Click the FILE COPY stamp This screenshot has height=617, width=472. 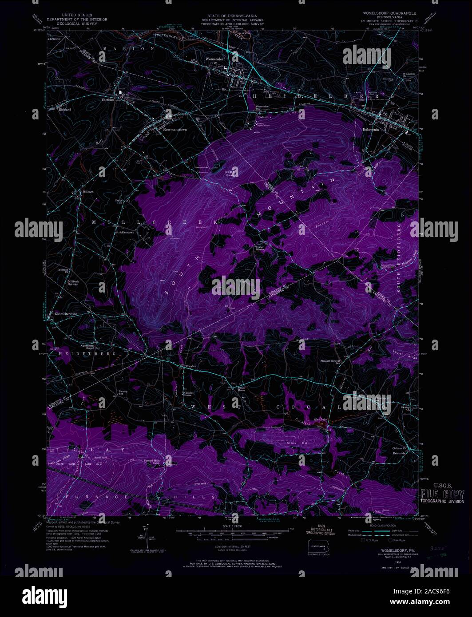pyautogui.click(x=442, y=494)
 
